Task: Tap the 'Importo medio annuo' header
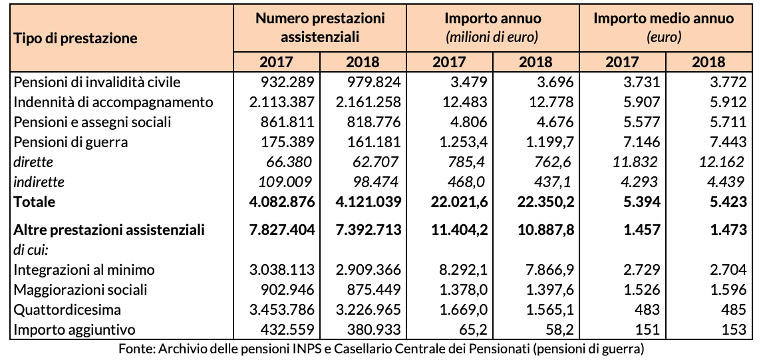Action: (x=663, y=18)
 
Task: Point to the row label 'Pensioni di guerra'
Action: (x=71, y=142)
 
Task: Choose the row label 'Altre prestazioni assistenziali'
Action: (x=109, y=230)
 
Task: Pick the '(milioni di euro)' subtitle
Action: (x=493, y=37)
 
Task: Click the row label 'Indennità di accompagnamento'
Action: (x=113, y=102)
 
